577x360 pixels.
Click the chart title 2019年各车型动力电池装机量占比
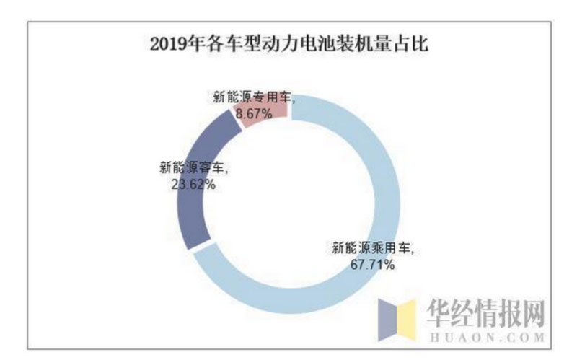coord(289,45)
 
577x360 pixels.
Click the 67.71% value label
coord(373,265)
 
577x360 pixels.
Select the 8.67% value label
coord(252,113)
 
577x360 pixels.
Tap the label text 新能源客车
coord(193,168)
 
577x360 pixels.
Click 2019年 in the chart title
coord(168,45)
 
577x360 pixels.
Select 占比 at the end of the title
coord(415,45)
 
